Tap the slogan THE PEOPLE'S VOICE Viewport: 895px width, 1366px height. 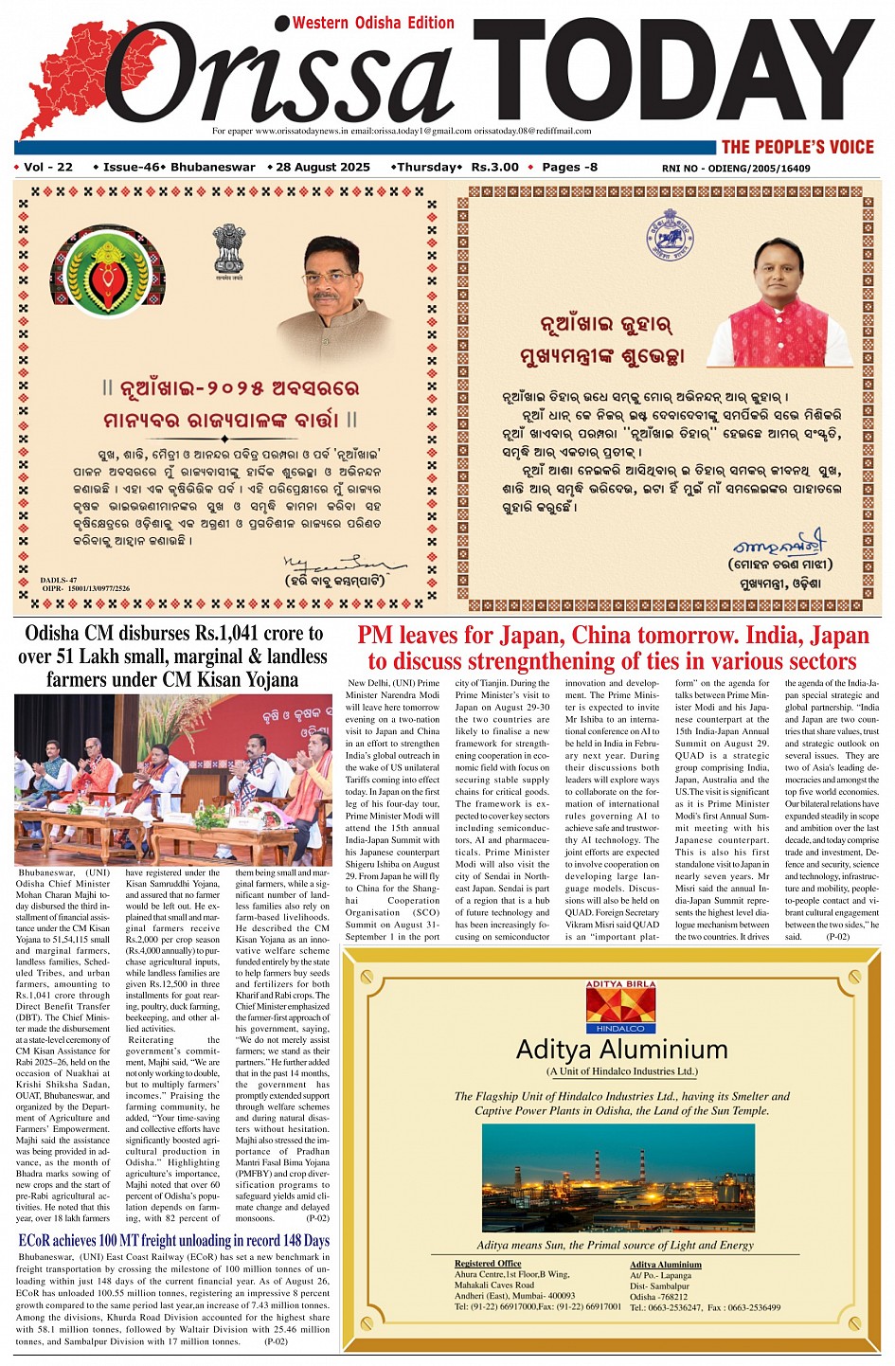[x=797, y=147]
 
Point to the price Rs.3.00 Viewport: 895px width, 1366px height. [x=494, y=168]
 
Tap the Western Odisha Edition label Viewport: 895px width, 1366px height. [x=373, y=23]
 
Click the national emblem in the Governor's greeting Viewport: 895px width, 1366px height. [x=228, y=250]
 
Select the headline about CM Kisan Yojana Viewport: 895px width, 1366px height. [x=172, y=656]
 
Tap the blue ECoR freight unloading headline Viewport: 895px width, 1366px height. [x=174, y=1240]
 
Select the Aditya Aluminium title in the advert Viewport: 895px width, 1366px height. [x=621, y=1050]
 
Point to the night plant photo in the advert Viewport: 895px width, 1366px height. [x=618, y=1177]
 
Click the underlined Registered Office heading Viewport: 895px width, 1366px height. [x=487, y=1264]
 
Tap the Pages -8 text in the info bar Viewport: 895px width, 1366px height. [x=569, y=168]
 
